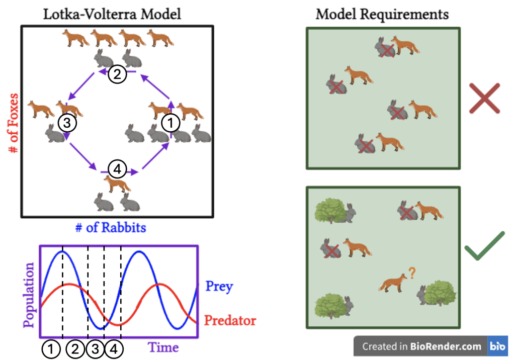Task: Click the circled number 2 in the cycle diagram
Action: [117, 74]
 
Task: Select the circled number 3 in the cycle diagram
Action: [67, 123]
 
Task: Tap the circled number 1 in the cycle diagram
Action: [170, 123]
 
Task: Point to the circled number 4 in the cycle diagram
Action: [117, 169]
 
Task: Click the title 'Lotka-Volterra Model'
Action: [112, 14]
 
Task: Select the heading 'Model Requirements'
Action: [382, 14]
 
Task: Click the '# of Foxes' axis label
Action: [13, 123]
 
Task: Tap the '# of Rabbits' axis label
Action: [111, 227]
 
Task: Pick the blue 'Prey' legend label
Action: [219, 287]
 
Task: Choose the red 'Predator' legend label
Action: [230, 320]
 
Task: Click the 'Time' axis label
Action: [163, 347]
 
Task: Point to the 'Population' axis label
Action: [29, 295]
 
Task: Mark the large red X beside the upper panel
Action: [484, 98]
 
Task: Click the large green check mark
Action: [484, 246]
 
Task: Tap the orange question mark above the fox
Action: [412, 273]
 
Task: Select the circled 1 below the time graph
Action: [51, 349]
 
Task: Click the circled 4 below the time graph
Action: [114, 349]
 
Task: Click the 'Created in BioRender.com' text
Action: [421, 346]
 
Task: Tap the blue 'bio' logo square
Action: [497, 346]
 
